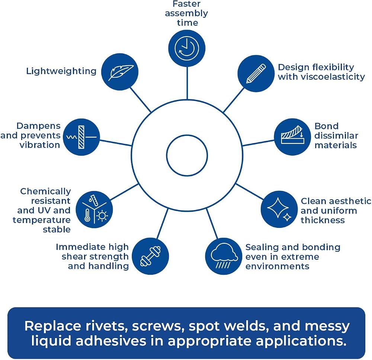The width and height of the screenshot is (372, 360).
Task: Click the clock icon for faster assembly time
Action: click(x=187, y=48)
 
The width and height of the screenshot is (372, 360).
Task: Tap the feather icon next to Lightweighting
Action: click(x=121, y=73)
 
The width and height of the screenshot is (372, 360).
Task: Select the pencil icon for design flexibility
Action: click(x=256, y=74)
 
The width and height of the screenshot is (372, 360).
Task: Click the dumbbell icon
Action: click(x=150, y=256)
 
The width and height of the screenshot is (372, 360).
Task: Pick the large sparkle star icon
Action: click(x=278, y=207)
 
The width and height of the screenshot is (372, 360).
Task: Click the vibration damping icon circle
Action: click(x=81, y=137)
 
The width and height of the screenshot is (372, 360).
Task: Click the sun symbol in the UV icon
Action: click(x=102, y=216)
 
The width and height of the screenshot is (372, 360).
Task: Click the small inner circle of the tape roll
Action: click(x=187, y=156)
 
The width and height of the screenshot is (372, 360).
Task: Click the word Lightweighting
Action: click(x=61, y=71)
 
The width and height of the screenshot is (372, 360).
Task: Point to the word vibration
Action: click(x=40, y=145)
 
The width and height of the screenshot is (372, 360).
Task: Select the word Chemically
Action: click(x=45, y=191)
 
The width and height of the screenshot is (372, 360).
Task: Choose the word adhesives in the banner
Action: click(x=111, y=341)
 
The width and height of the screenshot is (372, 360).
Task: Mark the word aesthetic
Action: click(x=347, y=201)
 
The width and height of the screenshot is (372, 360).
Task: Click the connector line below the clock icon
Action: click(x=187, y=83)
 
